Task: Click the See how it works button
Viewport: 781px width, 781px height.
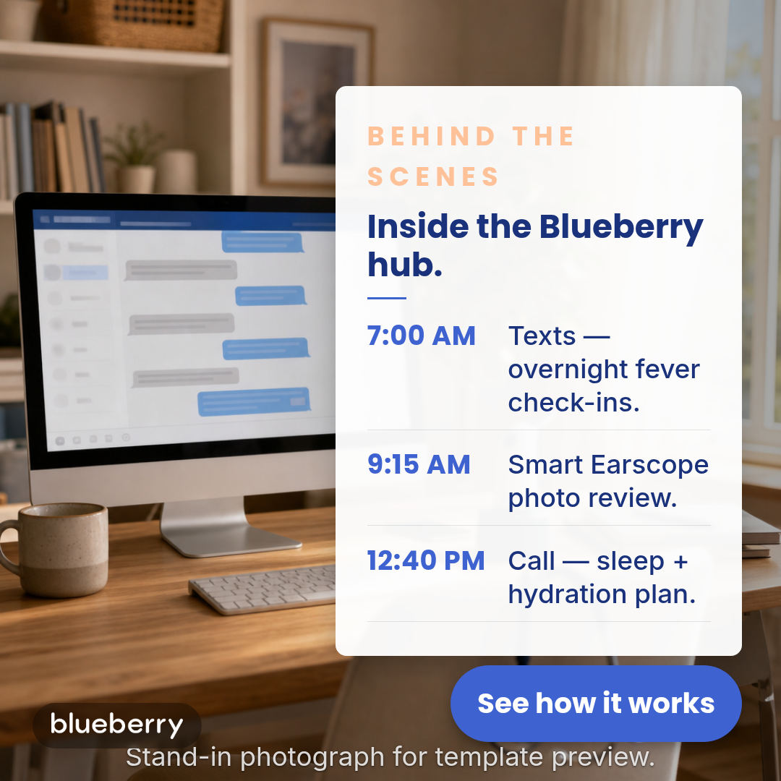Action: [x=596, y=704]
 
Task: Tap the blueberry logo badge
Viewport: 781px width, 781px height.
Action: [x=117, y=725]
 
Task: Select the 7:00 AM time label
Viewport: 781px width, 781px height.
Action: [x=422, y=336]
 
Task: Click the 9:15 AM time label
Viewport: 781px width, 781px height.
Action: [x=419, y=464]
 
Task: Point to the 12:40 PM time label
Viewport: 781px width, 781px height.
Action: [x=426, y=560]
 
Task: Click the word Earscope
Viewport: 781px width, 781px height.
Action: [x=649, y=465]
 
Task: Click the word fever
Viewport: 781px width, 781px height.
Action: [x=668, y=369]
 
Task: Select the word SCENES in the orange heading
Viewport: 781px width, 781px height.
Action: [x=433, y=176]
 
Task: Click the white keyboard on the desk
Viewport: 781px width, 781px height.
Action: [x=263, y=589]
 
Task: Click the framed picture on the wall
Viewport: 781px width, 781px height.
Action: [x=317, y=102]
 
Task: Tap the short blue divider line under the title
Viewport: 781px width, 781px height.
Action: [x=386, y=298]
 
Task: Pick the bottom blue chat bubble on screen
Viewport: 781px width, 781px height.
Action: [x=254, y=401]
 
